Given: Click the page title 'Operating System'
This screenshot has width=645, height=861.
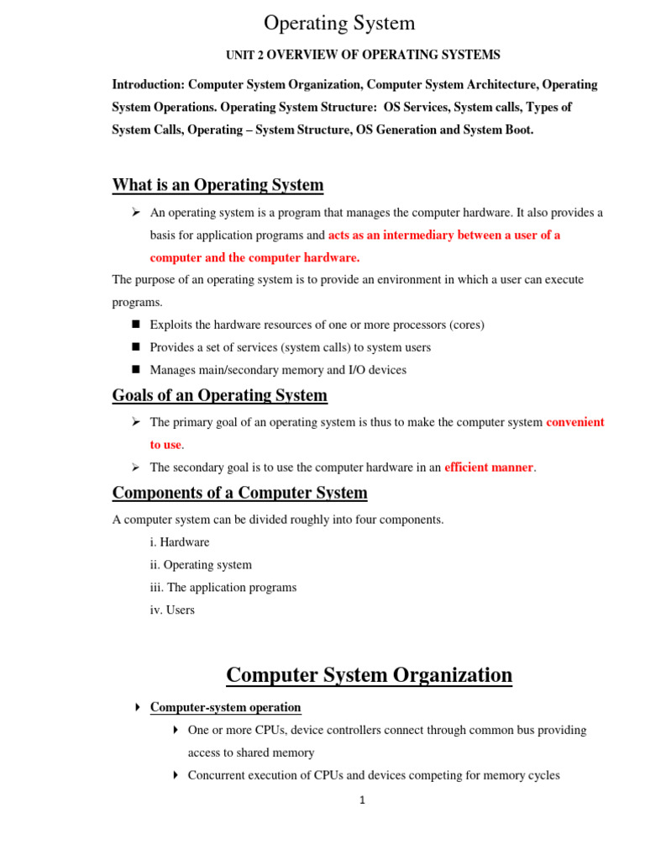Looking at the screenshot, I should click(339, 23).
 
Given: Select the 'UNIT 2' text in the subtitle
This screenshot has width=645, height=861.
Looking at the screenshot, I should click(244, 55).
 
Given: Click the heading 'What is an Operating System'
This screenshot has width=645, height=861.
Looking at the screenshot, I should click(218, 185).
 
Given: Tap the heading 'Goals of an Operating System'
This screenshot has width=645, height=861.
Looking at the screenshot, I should click(220, 395).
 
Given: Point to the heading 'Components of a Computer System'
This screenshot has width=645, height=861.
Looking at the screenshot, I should click(239, 493).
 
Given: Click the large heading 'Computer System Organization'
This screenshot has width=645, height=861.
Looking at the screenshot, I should click(369, 675).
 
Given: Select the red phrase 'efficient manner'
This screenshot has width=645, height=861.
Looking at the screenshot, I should click(489, 467).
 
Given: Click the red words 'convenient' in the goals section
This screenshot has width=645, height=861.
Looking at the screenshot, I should click(575, 422).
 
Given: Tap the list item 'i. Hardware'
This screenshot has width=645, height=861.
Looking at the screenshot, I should click(180, 542).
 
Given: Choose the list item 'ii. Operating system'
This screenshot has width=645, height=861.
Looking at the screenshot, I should click(201, 565).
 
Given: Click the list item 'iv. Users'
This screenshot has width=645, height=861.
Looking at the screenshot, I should click(172, 610).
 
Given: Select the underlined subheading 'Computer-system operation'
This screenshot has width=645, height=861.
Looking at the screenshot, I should click(225, 708).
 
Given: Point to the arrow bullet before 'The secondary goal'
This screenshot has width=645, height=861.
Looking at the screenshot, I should click(135, 467).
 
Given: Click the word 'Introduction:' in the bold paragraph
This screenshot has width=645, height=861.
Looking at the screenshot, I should click(149, 85).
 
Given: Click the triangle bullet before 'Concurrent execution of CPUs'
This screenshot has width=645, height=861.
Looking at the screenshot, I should click(176, 775).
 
